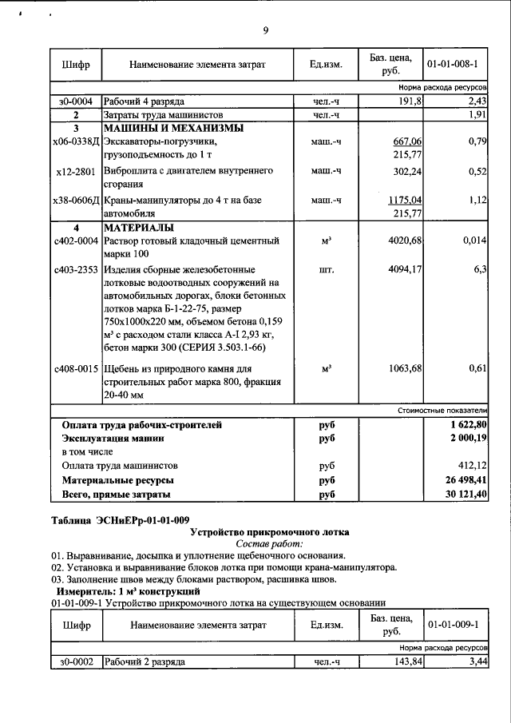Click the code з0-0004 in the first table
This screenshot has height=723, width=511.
76,101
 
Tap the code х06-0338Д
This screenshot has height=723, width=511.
76,141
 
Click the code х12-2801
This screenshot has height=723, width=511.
77,170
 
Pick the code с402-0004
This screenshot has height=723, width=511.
76,240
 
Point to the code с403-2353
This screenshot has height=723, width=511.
76,270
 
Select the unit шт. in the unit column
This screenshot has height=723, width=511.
326,270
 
